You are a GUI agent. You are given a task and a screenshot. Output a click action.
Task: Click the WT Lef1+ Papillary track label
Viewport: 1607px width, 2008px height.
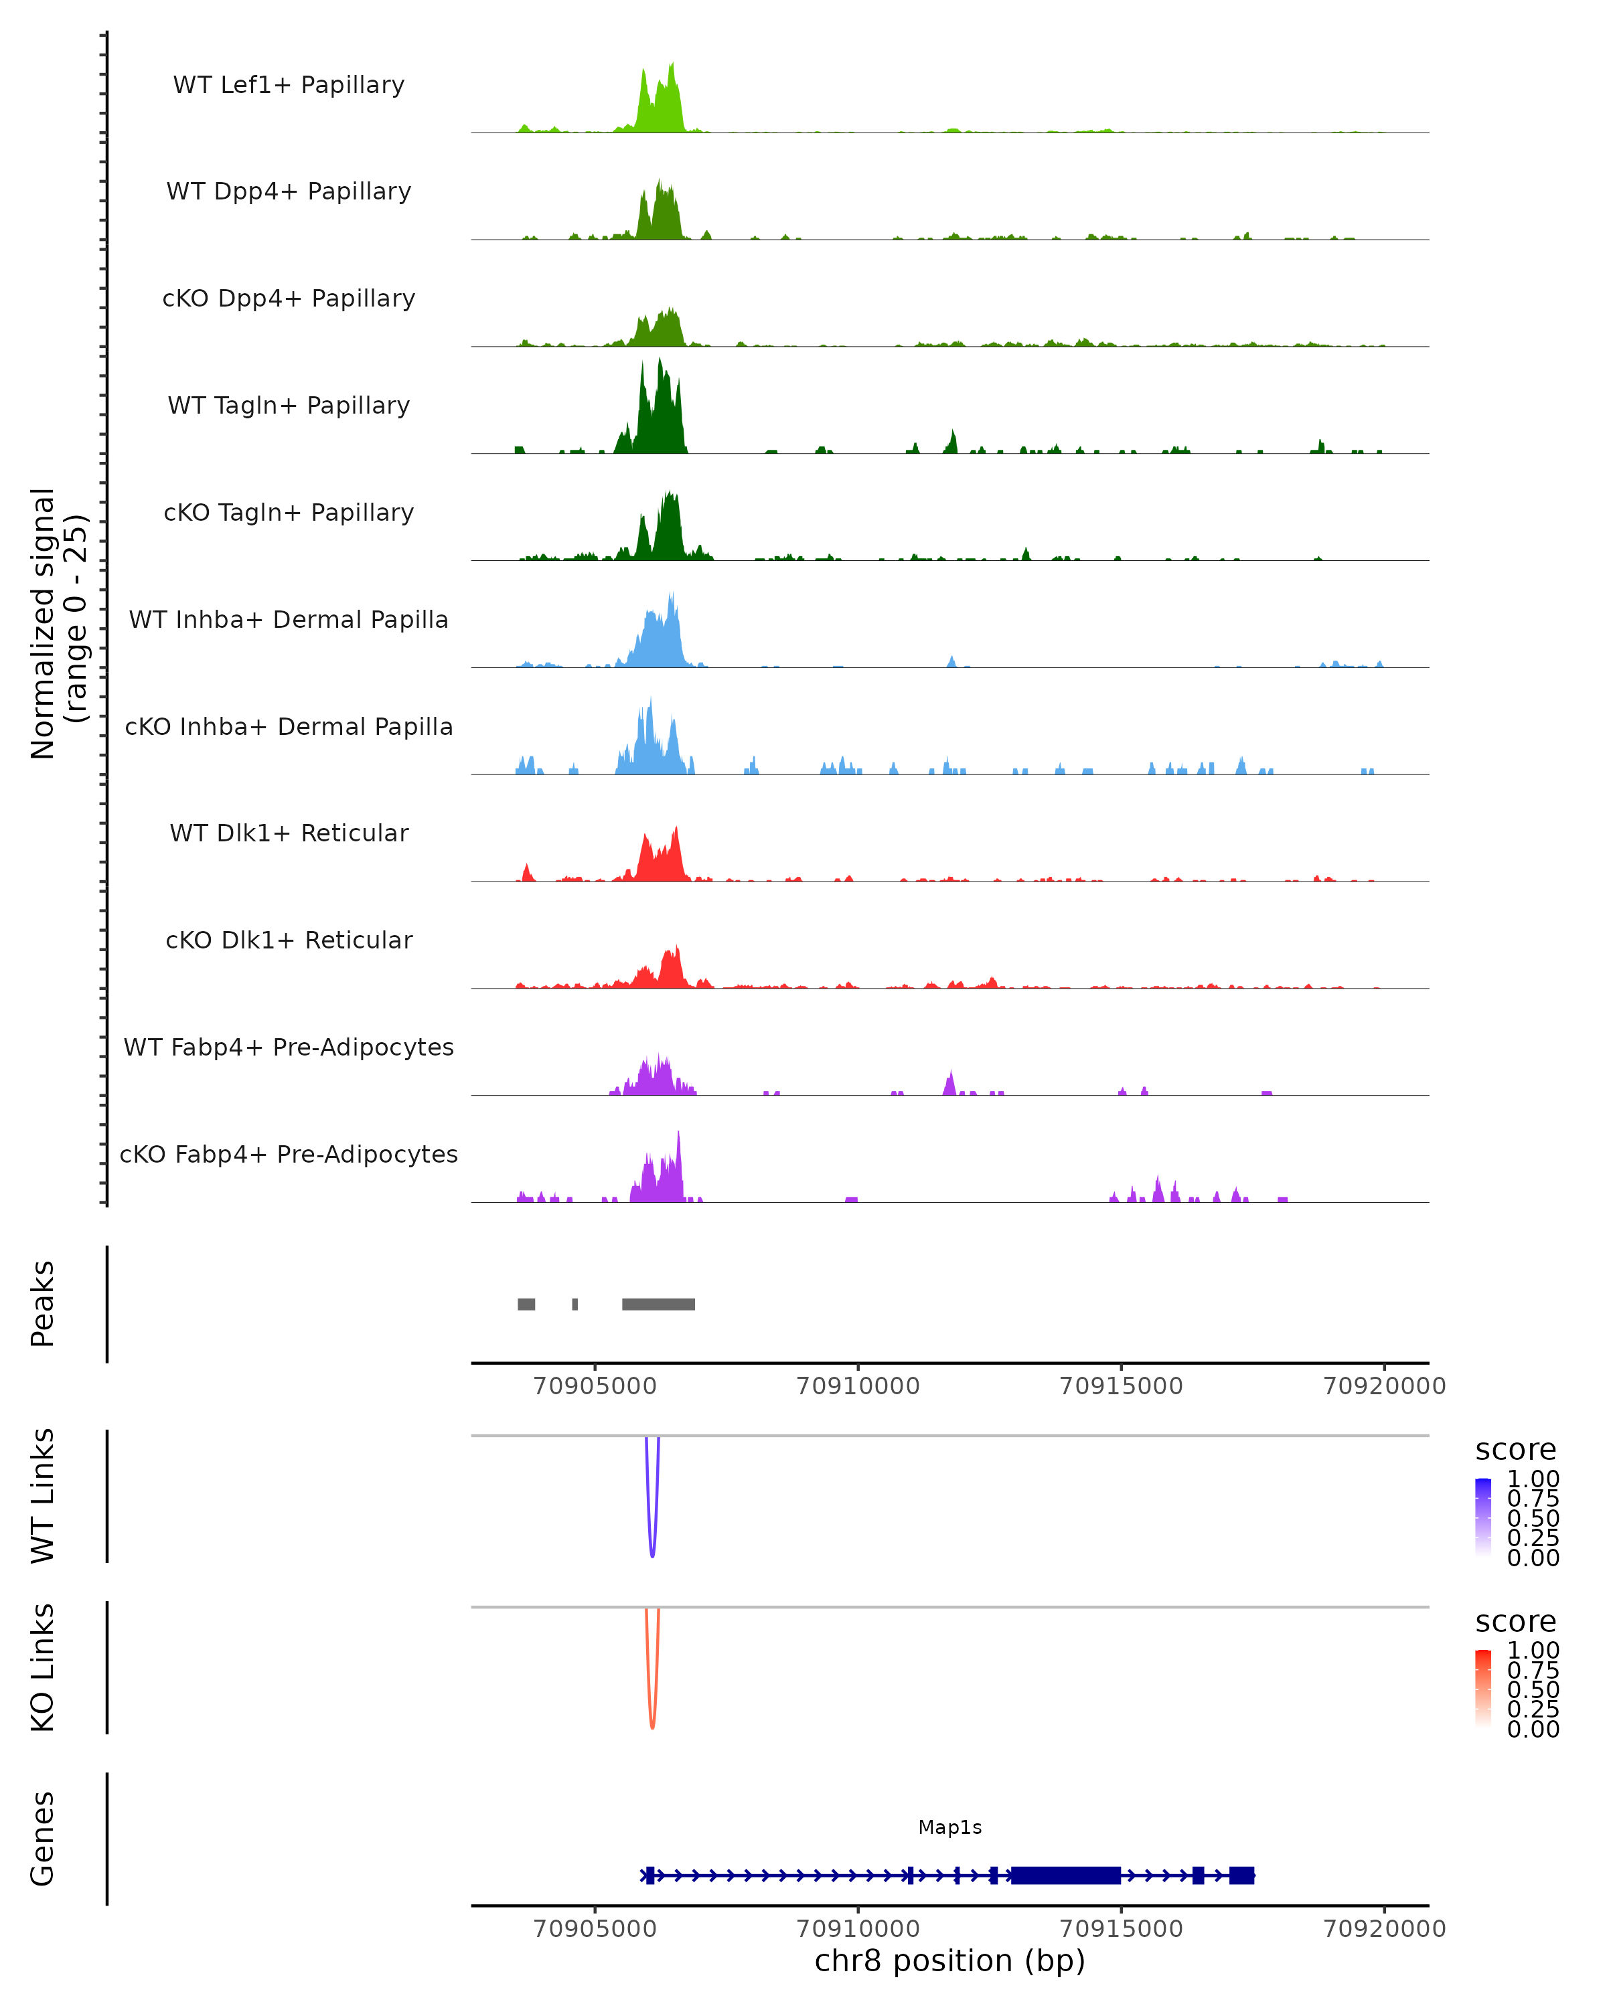289,85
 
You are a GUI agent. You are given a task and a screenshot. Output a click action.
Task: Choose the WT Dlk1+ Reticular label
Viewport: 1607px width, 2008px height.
289,833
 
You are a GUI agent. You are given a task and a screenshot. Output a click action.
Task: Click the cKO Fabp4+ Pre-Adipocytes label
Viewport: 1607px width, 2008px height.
289,1154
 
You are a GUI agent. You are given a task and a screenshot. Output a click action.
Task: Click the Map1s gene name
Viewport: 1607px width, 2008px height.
949,1827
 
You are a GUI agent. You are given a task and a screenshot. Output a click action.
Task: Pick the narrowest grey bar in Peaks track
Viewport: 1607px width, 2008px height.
575,1304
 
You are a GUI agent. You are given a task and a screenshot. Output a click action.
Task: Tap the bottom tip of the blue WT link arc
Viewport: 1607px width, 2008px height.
652,1556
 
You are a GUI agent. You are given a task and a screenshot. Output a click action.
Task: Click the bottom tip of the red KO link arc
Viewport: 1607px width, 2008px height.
652,1728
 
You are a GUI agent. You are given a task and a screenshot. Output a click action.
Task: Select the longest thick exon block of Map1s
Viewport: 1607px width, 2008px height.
1066,1875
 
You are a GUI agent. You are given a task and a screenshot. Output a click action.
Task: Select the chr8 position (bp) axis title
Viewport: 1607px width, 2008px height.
949,1960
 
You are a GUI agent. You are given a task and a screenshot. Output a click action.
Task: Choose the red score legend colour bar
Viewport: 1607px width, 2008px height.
1483,1689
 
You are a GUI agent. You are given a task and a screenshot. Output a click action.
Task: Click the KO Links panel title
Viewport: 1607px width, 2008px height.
43,1667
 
